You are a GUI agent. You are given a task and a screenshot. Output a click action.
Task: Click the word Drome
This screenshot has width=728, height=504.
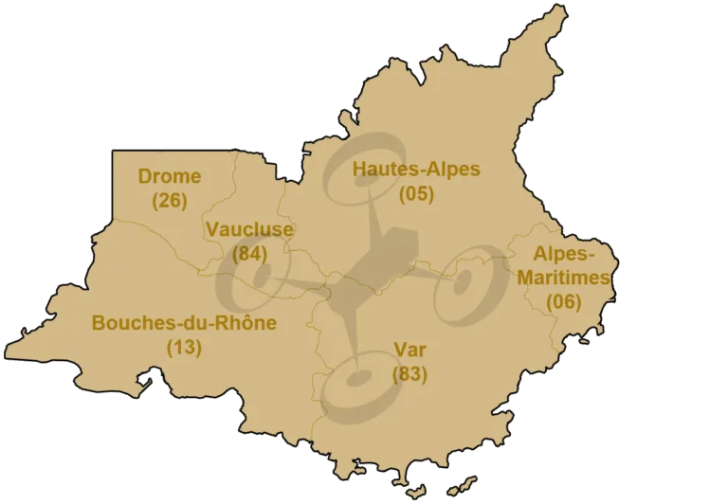coord(170,176)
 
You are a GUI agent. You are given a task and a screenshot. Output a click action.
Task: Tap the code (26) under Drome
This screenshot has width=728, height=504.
coord(170,200)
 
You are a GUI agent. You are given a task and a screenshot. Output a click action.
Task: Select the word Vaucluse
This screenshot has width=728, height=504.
coord(249,229)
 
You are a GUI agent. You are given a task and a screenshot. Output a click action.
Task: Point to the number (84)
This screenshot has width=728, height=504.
coord(249,253)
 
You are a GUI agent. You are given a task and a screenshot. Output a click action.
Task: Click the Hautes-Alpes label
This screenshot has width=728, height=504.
coord(416,170)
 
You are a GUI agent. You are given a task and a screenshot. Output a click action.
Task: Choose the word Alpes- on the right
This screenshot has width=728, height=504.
coord(564,254)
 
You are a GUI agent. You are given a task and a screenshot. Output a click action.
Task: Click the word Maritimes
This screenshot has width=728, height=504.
coord(564,278)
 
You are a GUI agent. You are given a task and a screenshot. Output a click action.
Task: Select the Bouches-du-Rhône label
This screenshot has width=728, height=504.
coord(184,323)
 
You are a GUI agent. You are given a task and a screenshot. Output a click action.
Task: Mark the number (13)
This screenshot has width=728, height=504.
coord(184,347)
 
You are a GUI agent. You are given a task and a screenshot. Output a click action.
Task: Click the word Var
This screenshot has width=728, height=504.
coord(409,350)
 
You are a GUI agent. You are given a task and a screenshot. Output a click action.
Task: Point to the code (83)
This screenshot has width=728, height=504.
coord(409,373)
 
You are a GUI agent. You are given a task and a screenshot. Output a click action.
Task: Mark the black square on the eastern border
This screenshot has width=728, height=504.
coord(617,277)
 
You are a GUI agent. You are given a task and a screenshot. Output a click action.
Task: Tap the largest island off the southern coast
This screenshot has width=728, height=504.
coord(465,483)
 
